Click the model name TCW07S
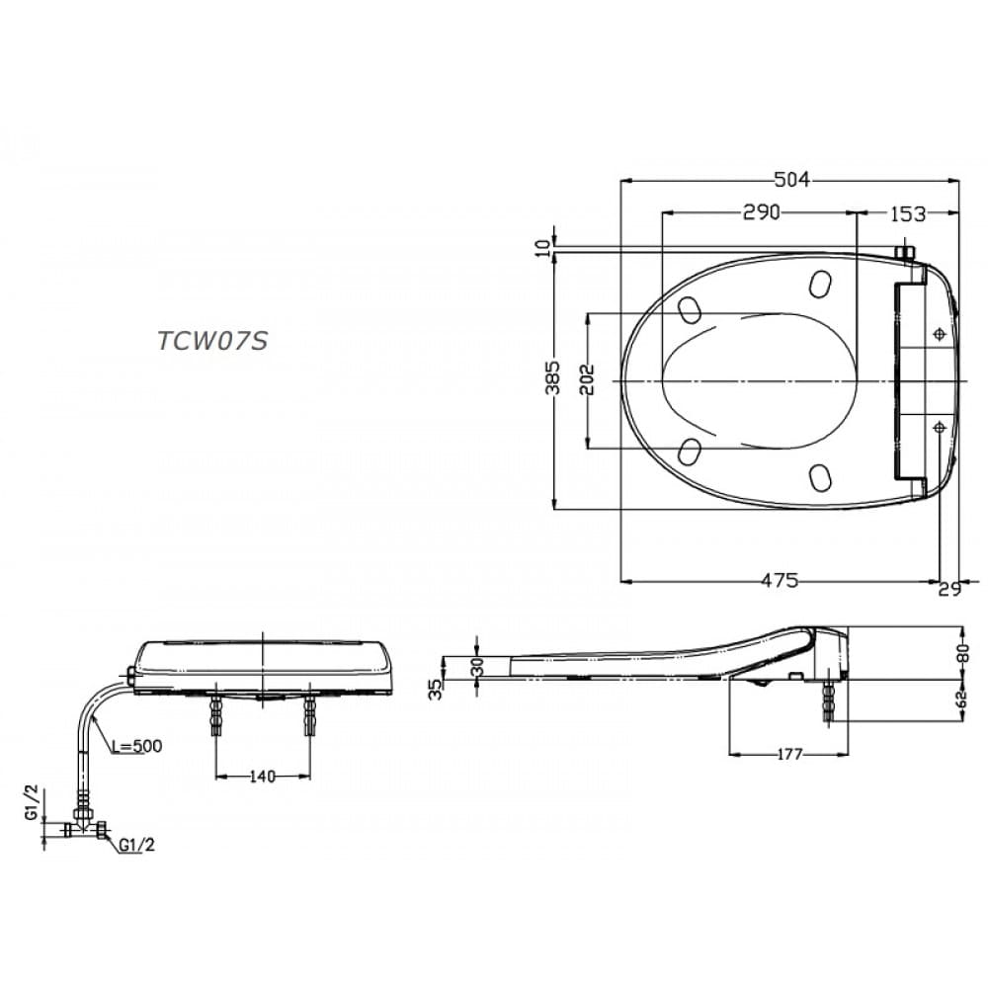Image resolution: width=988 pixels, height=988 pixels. click(212, 340)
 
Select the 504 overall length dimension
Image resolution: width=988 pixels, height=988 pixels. click(790, 179)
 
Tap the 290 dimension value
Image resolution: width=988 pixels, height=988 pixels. click(762, 211)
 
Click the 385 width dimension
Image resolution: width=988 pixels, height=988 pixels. click(553, 378)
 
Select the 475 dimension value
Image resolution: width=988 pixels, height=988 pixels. click(780, 581)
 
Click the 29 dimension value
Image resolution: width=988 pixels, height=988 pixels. click(949, 589)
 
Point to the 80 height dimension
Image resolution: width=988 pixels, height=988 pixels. click(962, 653)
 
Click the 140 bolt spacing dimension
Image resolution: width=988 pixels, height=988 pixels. click(262, 777)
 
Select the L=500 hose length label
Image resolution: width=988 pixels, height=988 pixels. click(135, 745)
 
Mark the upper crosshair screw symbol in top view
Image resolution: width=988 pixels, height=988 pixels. click(938, 336)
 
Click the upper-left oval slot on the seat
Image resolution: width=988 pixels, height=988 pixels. click(691, 309)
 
